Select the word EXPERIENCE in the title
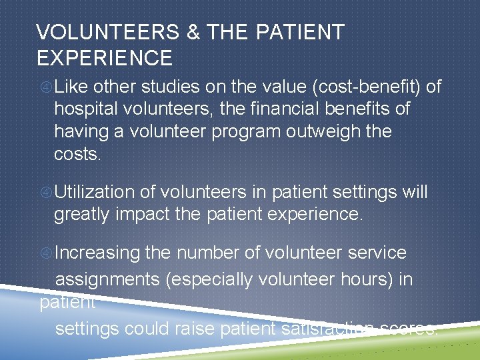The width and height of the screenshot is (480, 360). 105,58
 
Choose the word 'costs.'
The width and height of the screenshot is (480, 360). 77,153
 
